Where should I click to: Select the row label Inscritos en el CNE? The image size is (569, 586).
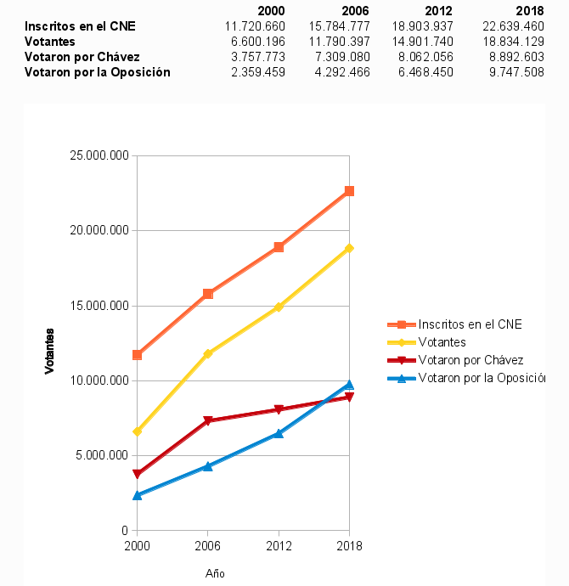tap(80, 26)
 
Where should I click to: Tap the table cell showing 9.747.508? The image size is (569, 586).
tap(511, 72)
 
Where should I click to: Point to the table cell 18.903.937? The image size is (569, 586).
tap(425, 26)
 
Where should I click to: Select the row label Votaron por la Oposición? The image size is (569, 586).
tap(98, 72)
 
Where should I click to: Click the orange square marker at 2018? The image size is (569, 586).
tap(349, 191)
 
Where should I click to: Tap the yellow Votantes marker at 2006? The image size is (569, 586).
tap(208, 353)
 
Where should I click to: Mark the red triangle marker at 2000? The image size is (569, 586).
tap(137, 475)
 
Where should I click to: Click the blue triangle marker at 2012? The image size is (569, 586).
tap(279, 433)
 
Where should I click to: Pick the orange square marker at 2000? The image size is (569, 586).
tap(137, 355)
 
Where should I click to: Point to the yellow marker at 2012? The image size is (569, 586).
tap(279, 307)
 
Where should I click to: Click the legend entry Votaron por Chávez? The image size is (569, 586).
tap(470, 360)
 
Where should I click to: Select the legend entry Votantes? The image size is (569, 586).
tap(442, 341)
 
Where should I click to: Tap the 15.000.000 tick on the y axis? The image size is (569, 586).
tap(99, 306)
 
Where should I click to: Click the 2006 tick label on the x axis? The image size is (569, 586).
tap(208, 546)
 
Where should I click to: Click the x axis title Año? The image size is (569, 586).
tap(215, 573)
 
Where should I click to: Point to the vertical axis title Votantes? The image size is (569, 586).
tap(50, 351)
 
